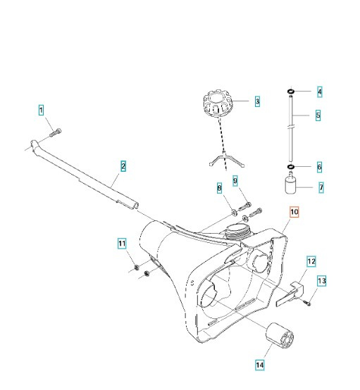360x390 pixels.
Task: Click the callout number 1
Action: pos(41,110)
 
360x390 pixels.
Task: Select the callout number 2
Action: pos(123,167)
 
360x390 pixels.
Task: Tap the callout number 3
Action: pos(257,102)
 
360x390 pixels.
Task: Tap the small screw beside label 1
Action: pos(57,132)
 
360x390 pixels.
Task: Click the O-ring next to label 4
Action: pos(291,92)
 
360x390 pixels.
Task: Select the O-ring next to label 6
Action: pos(290,168)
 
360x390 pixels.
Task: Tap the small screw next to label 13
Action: pos(309,302)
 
